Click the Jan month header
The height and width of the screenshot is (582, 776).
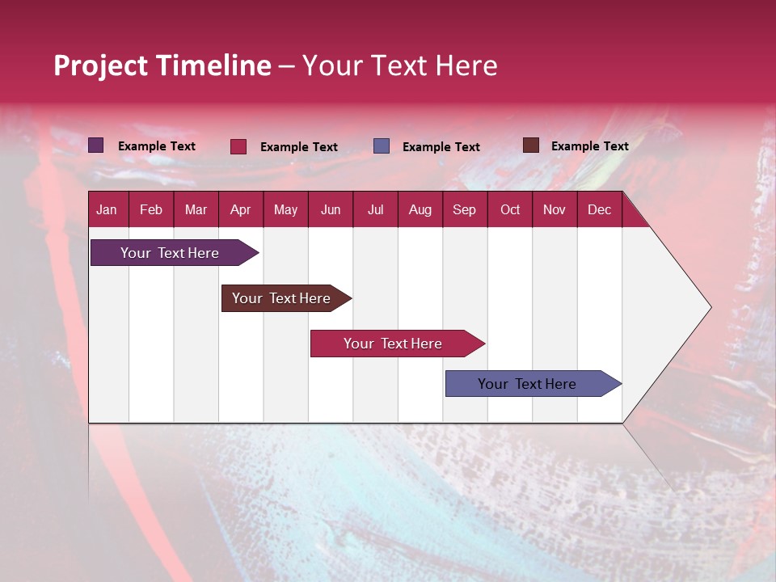107,210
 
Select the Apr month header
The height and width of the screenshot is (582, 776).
241,210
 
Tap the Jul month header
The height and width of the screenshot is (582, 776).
375,210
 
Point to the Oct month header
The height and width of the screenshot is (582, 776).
510,210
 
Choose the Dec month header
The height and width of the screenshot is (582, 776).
599,210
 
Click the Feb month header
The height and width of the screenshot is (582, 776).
151,210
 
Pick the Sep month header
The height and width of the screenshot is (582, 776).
465,210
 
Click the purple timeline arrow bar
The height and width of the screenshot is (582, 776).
175,253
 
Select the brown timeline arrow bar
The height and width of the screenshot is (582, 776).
286,298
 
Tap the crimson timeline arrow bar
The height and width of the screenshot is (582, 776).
398,344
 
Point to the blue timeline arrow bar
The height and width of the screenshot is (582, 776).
533,383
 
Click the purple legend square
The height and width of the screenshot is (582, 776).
96,145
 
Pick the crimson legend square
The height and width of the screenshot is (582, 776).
238,146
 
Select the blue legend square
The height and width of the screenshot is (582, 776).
381,146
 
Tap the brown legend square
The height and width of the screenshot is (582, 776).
531,145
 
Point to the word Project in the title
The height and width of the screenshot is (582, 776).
100,66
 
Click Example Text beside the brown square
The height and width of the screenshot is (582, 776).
590,146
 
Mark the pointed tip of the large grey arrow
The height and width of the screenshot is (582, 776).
711,307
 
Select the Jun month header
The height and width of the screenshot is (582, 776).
331,210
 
